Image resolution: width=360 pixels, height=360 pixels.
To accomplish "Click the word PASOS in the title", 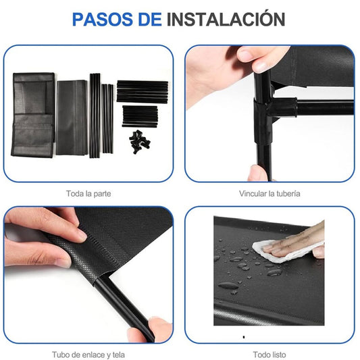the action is point(103,20).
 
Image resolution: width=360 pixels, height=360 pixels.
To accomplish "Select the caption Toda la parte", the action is point(88,194).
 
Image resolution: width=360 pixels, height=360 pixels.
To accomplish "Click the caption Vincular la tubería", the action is point(269,194).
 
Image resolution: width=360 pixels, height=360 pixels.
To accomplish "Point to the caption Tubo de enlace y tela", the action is point(88,355).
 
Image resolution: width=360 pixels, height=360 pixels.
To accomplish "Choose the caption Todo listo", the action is point(269,355).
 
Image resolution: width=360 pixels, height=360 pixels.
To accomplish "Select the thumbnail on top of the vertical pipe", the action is point(261,66).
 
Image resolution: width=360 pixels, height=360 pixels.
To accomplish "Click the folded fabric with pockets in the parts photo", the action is point(33,115).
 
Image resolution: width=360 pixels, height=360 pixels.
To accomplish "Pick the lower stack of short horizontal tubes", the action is point(140,116).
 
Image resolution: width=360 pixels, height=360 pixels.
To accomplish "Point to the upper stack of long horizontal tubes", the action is point(143,91).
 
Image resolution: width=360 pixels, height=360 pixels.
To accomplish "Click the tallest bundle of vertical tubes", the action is point(95,115).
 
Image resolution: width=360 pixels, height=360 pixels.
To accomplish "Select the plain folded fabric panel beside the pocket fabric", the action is point(72,118).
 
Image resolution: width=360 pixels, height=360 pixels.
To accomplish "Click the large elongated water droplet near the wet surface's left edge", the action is point(228,286).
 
